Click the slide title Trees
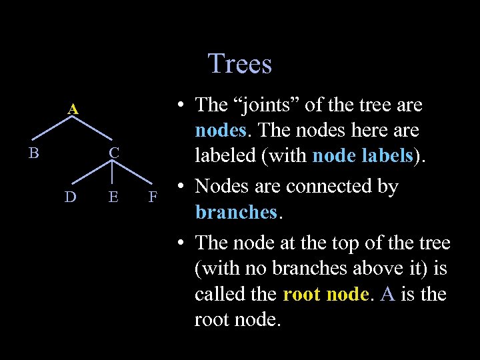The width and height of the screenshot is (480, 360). (240, 64)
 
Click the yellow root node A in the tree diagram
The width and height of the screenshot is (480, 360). (74, 108)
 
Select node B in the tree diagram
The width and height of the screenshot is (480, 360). (33, 153)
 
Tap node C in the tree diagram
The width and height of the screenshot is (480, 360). (114, 153)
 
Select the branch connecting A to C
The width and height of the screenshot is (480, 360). (94, 130)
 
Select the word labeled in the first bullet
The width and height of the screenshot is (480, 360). (224, 155)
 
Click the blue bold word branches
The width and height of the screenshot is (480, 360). (235, 212)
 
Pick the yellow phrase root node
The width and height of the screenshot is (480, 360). (325, 294)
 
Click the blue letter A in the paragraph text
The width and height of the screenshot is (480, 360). (387, 294)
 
